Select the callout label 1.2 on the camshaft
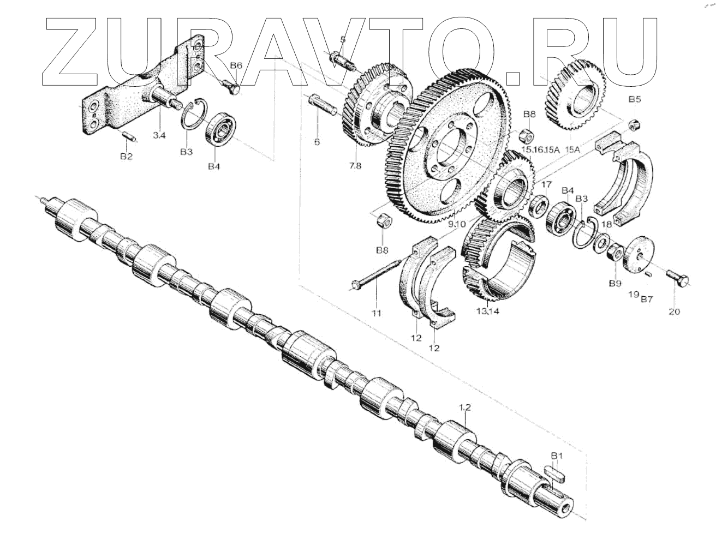click(x=464, y=407)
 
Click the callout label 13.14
click(x=487, y=312)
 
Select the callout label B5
click(x=635, y=100)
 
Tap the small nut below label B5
click(x=634, y=124)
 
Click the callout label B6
click(x=236, y=65)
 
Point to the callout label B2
click(x=127, y=157)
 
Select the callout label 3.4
click(x=159, y=135)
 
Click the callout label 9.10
click(x=456, y=224)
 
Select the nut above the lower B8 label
click(x=381, y=221)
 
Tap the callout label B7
click(x=647, y=299)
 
